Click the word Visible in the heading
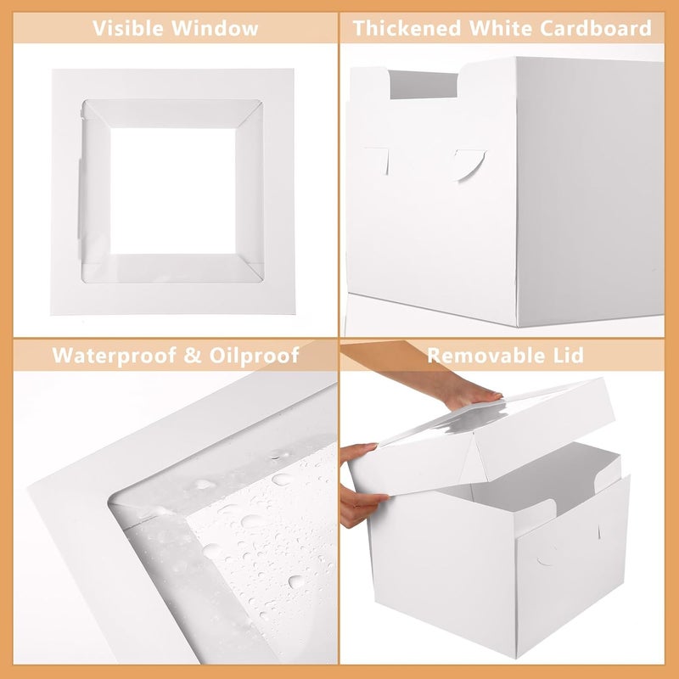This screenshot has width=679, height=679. point(128,28)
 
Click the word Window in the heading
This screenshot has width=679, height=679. point(215,28)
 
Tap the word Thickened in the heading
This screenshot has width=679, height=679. point(407,28)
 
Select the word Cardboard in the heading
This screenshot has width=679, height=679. point(596,28)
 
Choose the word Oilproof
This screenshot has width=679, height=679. point(254,356)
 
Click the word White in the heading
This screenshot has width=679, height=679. point(500,28)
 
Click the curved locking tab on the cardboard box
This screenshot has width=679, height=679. point(470,165)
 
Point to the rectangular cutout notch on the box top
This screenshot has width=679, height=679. point(423,84)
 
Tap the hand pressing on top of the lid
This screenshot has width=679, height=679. point(467,391)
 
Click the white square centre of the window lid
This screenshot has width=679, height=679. point(173,191)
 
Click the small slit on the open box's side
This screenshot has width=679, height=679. point(599,532)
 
